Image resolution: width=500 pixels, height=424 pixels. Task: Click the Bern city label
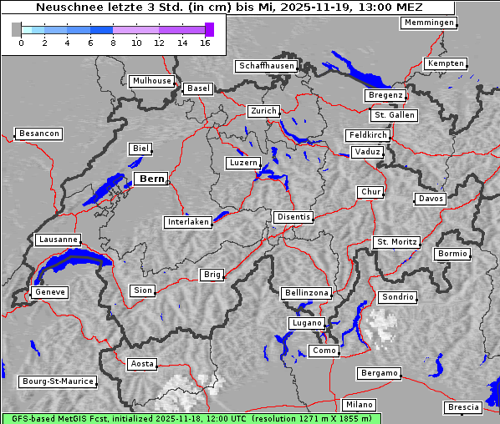tap(151, 179)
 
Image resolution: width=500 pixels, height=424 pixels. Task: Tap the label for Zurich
tap(263, 111)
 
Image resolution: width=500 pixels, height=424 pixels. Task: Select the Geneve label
tap(48, 292)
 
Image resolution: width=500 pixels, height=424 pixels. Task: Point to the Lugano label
tap(306, 323)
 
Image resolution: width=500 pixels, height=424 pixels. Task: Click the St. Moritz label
tap(396, 242)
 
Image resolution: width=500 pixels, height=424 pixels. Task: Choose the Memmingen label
tap(429, 23)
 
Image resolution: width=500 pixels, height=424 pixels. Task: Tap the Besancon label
tap(38, 134)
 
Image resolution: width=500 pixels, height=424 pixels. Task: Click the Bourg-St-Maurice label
tap(58, 381)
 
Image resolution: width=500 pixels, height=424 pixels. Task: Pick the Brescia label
tap(463, 407)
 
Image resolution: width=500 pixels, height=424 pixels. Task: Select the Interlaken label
tap(187, 222)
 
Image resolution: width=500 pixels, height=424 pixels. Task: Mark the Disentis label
tap(293, 217)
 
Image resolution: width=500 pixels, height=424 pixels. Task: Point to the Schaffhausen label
tap(266, 66)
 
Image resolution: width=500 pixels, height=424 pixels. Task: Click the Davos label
tap(431, 199)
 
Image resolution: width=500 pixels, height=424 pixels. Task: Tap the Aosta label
tap(141, 364)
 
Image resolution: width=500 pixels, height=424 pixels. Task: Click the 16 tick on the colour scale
tap(206, 43)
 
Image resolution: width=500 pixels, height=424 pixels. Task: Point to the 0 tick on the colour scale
tap(21, 43)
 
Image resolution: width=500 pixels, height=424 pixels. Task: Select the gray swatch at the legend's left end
tap(17, 29)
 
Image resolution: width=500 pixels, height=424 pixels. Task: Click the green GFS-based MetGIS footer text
tap(191, 418)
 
